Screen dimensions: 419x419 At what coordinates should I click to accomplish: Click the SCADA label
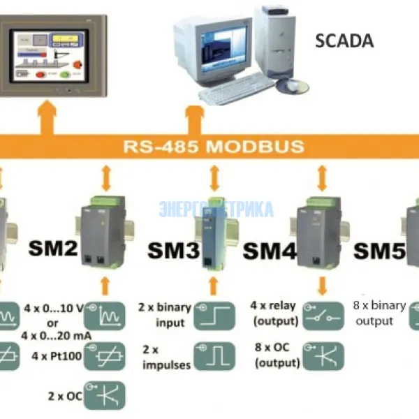pyautogui.click(x=344, y=41)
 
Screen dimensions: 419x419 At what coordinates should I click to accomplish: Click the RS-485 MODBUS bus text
pyautogui.click(x=214, y=147)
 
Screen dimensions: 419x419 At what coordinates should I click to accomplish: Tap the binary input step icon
pyautogui.click(x=214, y=315)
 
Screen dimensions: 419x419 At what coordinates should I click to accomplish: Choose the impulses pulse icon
pyautogui.click(x=214, y=355)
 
